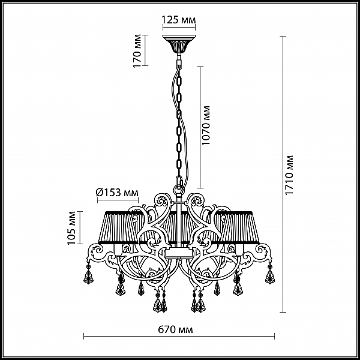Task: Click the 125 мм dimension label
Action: [x=179, y=20]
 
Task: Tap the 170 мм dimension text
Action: [x=137, y=51]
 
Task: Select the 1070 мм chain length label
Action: [x=206, y=125]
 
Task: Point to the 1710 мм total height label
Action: [x=289, y=175]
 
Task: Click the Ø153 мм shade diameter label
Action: [x=118, y=193]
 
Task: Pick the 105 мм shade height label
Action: [x=71, y=228]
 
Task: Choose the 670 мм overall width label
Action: [x=176, y=329]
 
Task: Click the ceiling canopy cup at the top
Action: [x=179, y=44]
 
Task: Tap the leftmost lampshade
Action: [x=119, y=227]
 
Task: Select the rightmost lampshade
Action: [x=239, y=227]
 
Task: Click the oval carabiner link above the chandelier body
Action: [x=179, y=181]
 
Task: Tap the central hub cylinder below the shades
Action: [x=179, y=253]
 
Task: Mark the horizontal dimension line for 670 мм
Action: [x=179, y=337]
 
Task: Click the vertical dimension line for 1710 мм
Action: [x=283, y=174]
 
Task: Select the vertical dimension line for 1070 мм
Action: [x=200, y=127]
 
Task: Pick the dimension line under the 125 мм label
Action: [x=179, y=28]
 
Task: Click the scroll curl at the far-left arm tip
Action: [x=97, y=250]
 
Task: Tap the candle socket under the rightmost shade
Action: [x=239, y=250]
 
